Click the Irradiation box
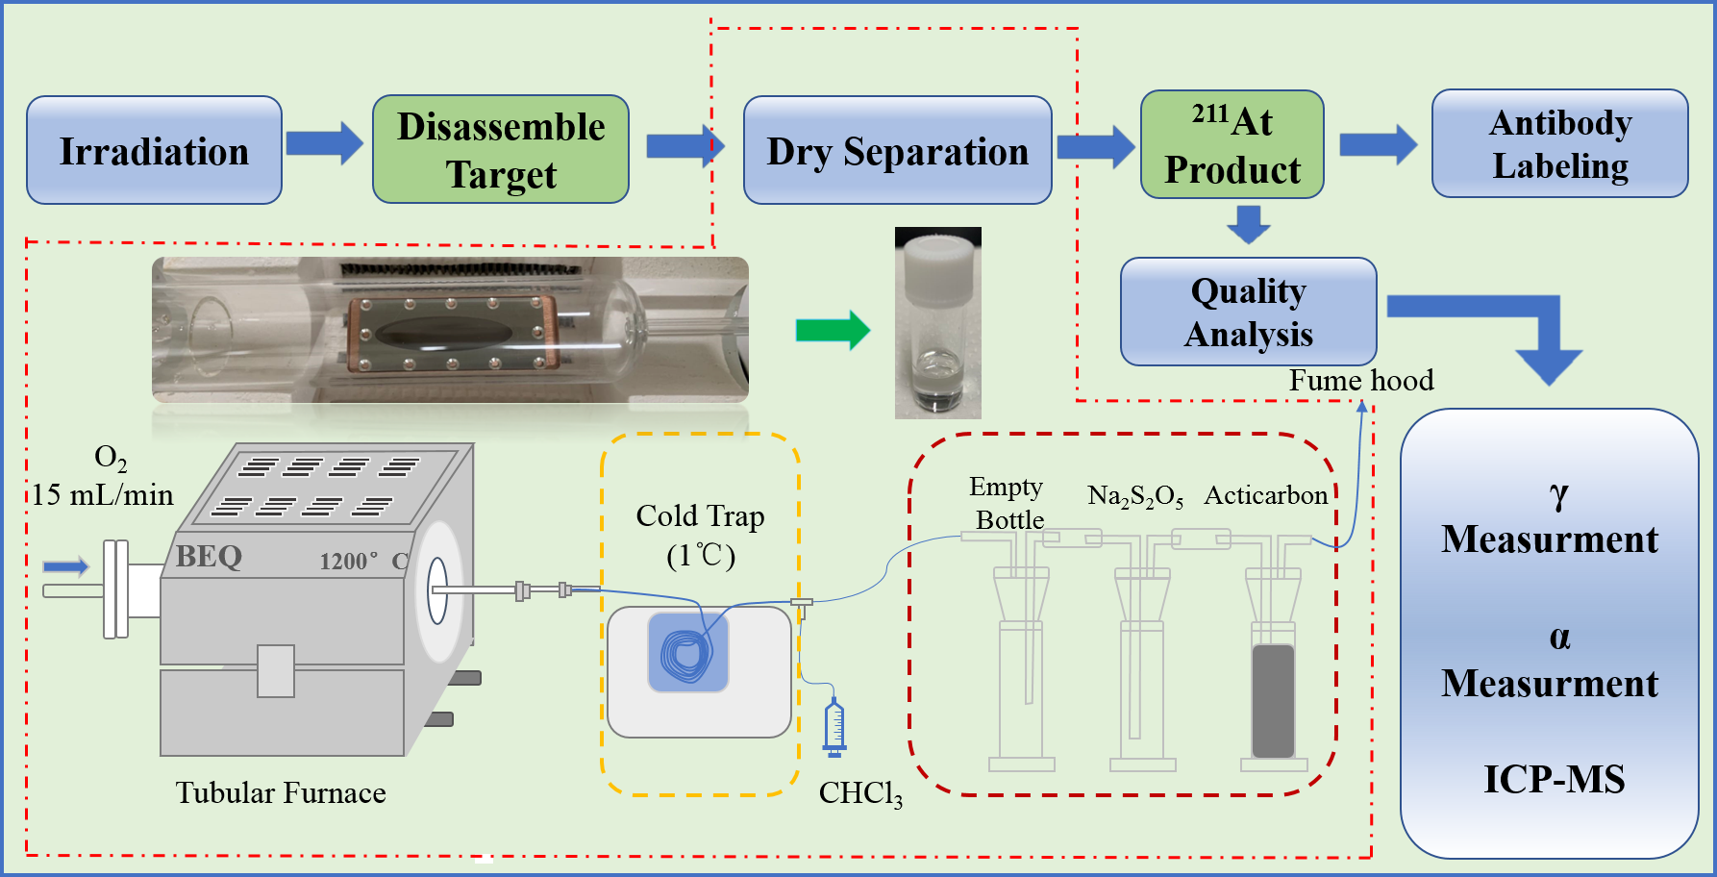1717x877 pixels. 154,150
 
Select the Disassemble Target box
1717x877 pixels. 500,149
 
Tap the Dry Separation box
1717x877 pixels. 897,150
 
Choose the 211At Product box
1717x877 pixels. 1232,145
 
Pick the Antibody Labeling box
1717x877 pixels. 1559,144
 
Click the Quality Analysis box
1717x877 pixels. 1248,312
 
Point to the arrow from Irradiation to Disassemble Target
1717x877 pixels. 325,144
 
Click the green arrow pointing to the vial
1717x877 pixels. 833,331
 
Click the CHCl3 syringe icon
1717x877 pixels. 834,728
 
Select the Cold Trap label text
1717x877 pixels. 700,516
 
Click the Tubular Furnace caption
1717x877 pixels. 281,792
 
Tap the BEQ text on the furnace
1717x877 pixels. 209,557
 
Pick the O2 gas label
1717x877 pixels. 110,459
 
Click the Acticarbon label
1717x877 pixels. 1265,495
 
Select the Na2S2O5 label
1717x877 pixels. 1134,496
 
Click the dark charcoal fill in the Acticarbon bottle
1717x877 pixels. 1273,700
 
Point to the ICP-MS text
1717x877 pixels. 1554,779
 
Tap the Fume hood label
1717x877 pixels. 1360,381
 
